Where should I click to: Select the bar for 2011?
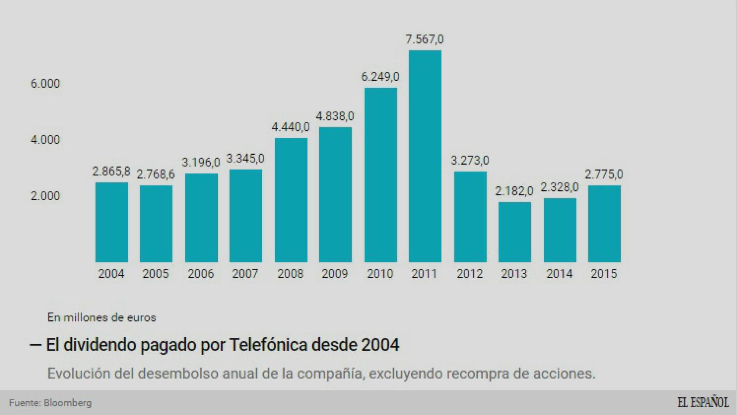[425, 156]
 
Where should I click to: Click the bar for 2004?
[111, 222]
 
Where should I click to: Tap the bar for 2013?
[515, 232]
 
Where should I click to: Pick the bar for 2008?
[291, 200]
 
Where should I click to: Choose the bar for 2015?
[604, 223]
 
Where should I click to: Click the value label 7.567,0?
[424, 39]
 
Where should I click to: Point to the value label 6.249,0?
[380, 77]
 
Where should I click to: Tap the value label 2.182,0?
[514, 191]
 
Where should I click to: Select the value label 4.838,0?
[335, 116]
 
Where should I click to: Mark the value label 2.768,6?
[156, 174]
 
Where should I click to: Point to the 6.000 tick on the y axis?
[45, 83]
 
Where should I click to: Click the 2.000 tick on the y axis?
[45, 196]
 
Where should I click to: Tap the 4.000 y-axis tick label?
[45, 140]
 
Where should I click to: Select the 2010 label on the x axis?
[380, 274]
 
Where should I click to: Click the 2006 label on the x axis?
[201, 274]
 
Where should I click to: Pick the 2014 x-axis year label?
[559, 274]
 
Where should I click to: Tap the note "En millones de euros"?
[102, 317]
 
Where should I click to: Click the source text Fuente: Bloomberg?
[50, 403]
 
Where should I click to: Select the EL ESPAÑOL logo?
[702, 402]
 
